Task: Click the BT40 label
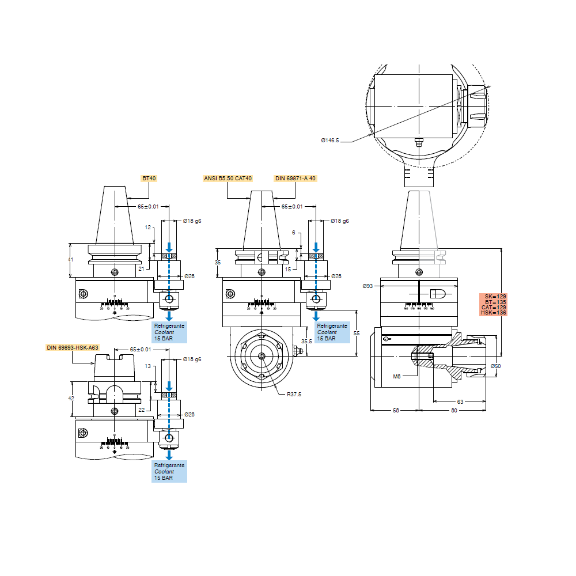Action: point(149,179)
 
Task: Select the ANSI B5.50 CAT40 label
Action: point(228,179)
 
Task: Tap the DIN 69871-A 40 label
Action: point(295,179)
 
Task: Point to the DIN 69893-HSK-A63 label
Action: point(73,347)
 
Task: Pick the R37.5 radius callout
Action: point(293,395)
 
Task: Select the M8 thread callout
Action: point(396,376)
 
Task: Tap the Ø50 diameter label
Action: point(495,366)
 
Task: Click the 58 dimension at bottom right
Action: point(396,410)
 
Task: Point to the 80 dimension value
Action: point(454,410)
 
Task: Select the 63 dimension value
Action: point(460,401)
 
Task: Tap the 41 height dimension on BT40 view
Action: point(71,260)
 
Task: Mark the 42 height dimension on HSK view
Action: point(71,398)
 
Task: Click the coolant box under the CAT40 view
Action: point(333,332)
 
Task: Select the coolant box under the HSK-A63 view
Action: point(169,471)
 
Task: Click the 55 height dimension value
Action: point(357,334)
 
